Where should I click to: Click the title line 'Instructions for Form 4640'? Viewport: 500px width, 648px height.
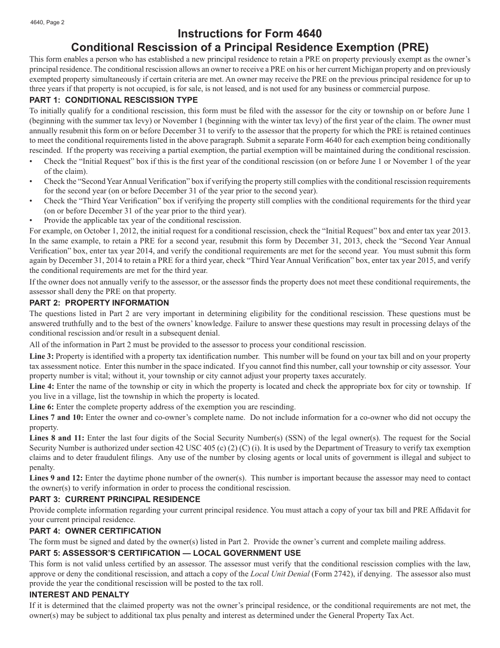pos(250,34)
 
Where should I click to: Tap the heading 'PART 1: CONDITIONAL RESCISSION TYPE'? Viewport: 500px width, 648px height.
pos(114,100)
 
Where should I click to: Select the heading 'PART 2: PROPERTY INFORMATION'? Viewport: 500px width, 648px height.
pos(99,303)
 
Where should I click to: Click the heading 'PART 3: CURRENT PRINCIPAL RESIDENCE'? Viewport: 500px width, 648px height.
pos(115,499)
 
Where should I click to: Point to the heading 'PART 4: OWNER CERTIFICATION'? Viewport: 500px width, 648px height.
pos(95,531)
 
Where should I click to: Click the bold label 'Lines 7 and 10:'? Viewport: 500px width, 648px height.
pos(56,417)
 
